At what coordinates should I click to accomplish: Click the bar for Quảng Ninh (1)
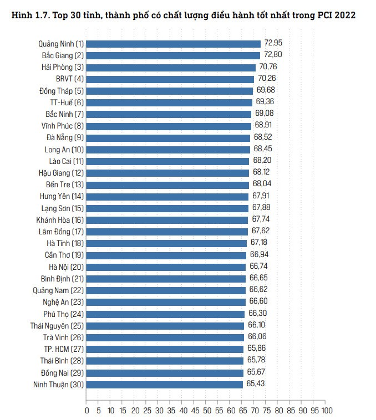pos(174,44)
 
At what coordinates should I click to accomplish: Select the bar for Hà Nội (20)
pos(166,267)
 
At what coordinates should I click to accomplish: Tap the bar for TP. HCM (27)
pos(165,349)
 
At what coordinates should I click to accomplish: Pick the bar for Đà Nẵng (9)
pos(168,137)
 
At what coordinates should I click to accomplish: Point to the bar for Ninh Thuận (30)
pos(164,384)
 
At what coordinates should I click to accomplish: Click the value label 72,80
pos(272,55)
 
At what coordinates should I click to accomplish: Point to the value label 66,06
pos(257,337)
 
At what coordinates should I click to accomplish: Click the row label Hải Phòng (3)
pos(63,67)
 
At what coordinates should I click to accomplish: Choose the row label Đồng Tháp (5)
pos(62,90)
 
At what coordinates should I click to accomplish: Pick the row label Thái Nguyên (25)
pos(57,325)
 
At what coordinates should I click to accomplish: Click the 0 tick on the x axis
pos(87,411)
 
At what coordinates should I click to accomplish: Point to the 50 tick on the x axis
pos(206,411)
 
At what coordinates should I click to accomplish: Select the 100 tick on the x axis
pos(327,411)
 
